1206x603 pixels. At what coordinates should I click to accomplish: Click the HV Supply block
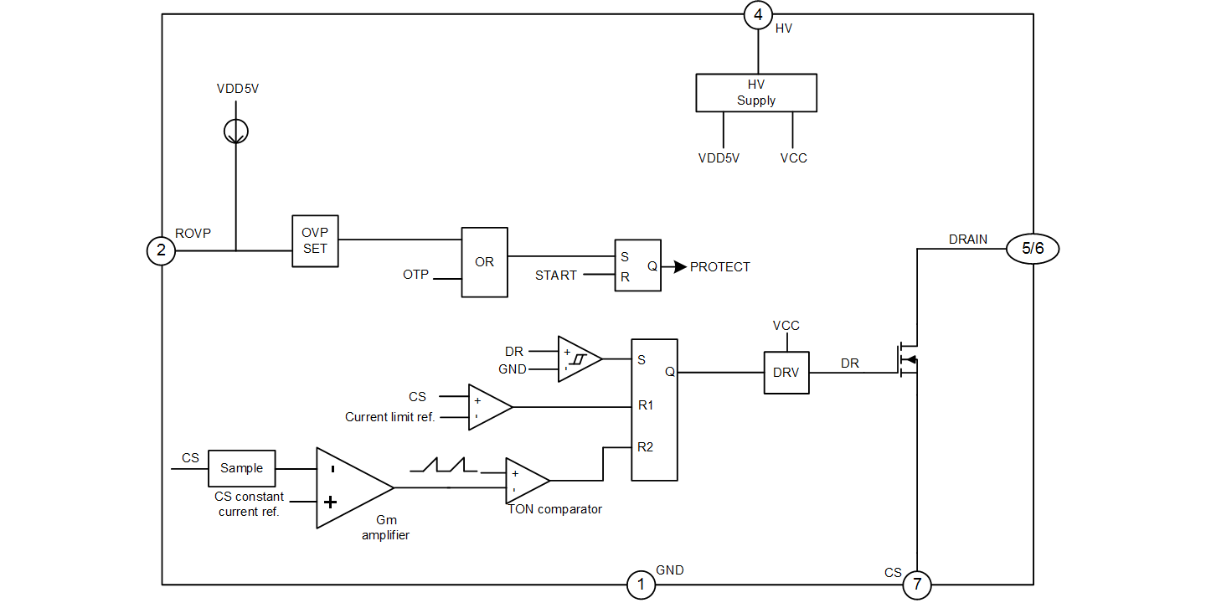pos(756,92)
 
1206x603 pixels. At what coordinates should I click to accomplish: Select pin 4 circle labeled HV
pos(758,14)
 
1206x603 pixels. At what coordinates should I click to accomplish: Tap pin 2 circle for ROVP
pos(161,250)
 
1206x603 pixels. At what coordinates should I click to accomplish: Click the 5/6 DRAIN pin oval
pos(1033,249)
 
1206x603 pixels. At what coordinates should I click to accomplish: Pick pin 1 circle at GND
pos(641,585)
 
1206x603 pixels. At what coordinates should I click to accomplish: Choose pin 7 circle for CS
pos(916,585)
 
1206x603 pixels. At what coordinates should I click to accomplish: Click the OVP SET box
pos(315,241)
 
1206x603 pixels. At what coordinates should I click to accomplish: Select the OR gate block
pos(484,262)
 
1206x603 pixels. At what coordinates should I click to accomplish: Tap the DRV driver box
pos(786,373)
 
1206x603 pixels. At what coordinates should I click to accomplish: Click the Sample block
pos(241,468)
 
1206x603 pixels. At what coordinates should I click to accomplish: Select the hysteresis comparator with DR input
pos(578,359)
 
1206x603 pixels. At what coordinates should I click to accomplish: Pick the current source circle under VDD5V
pos(236,131)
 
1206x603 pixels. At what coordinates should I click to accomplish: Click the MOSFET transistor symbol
pos(908,360)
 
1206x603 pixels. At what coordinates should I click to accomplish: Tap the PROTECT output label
pos(719,267)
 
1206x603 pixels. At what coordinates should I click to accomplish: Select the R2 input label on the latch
pos(645,447)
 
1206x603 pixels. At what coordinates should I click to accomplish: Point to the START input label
pos(556,276)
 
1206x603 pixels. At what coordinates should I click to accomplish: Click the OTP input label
pos(416,275)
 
